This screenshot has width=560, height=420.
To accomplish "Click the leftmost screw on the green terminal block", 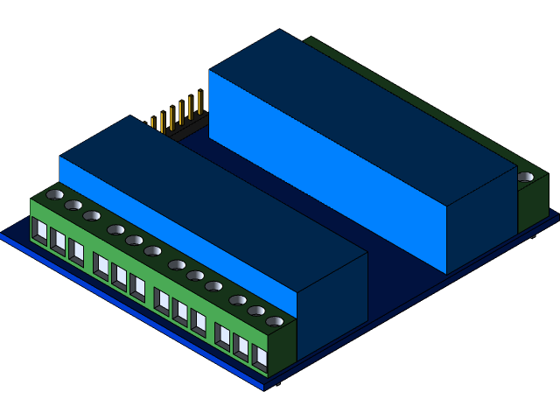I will pyautogui.click(x=55, y=194).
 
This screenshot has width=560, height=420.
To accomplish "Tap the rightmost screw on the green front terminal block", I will pyautogui.click(x=275, y=321).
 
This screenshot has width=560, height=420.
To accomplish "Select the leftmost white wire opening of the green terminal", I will pyautogui.click(x=39, y=231).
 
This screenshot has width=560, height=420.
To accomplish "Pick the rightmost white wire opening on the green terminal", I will pyautogui.click(x=260, y=355).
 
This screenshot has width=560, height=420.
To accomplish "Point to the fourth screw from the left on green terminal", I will pyautogui.click(x=115, y=229).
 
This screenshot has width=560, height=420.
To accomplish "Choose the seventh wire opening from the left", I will pyautogui.click(x=162, y=300).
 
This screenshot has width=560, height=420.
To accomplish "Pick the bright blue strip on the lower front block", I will pyautogui.click(x=175, y=219).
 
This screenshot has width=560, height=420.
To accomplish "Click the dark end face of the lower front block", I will pyautogui.click(x=332, y=302).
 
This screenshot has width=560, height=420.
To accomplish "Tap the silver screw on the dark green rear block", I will pyautogui.click(x=525, y=177).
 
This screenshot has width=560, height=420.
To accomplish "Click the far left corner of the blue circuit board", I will pyautogui.click(x=3, y=234).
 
